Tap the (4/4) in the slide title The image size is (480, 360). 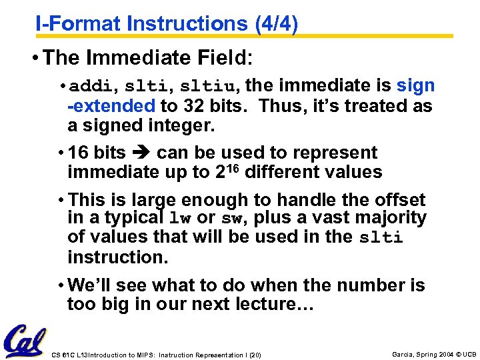click(x=276, y=23)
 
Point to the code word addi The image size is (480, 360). click(x=91, y=87)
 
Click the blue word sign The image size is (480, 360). click(x=415, y=86)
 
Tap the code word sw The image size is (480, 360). click(x=231, y=219)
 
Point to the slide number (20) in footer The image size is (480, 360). click(x=254, y=355)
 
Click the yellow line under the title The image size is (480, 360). click(x=244, y=36)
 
